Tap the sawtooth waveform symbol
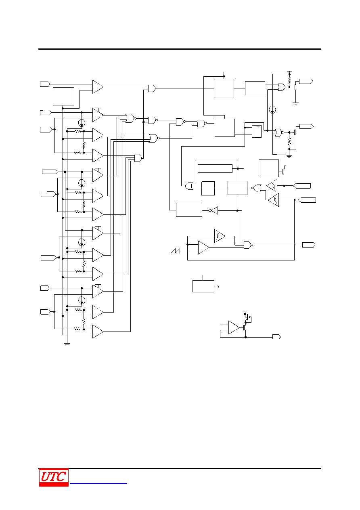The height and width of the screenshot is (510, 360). (176, 251)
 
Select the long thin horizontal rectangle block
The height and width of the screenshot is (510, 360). (215, 168)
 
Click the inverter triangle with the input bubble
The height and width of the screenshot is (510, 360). (213, 210)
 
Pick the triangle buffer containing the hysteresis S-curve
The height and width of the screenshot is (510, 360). (220, 236)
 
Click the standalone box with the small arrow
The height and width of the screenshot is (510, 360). (203, 286)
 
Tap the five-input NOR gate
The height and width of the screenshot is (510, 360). (154, 138)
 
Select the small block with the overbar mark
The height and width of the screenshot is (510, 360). (256, 131)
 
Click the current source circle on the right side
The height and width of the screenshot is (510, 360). (272, 110)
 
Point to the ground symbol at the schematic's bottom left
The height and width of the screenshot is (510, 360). (67, 344)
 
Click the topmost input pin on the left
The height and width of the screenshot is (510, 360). (45, 84)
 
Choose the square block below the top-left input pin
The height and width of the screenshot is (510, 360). (63, 97)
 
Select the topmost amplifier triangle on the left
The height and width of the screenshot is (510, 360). (98, 87)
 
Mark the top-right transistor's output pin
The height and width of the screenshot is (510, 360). (306, 81)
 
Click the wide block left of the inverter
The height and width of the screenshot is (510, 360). (189, 210)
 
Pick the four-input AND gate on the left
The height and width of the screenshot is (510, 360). (138, 158)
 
